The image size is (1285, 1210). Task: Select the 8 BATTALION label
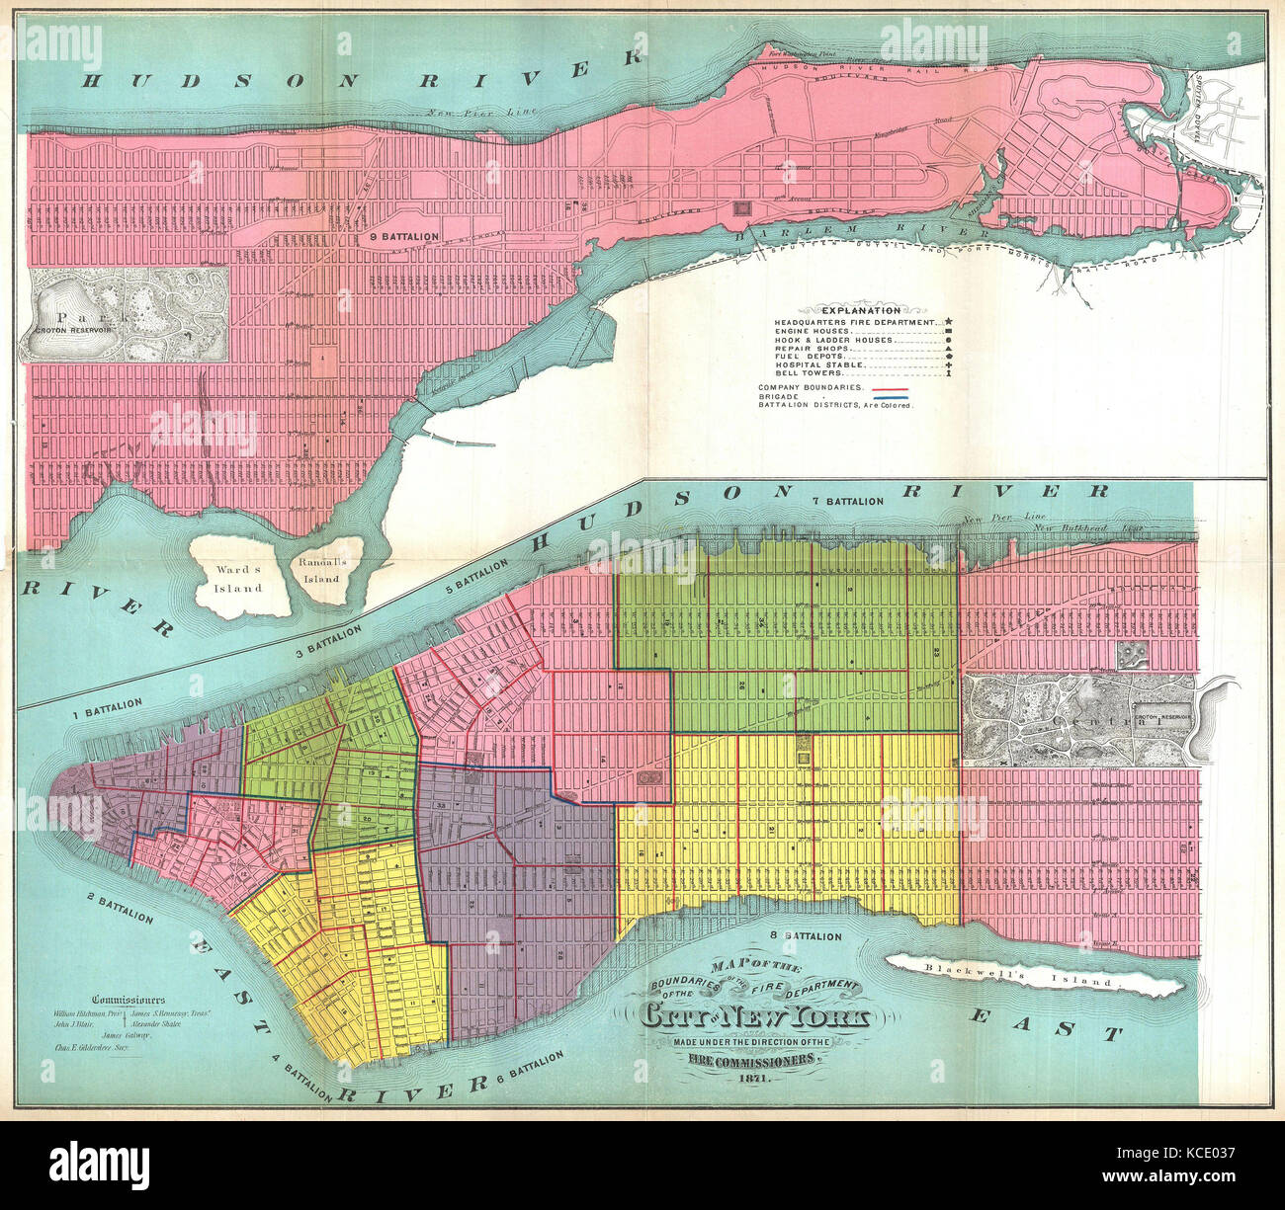805,935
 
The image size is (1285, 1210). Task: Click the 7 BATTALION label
846,502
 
